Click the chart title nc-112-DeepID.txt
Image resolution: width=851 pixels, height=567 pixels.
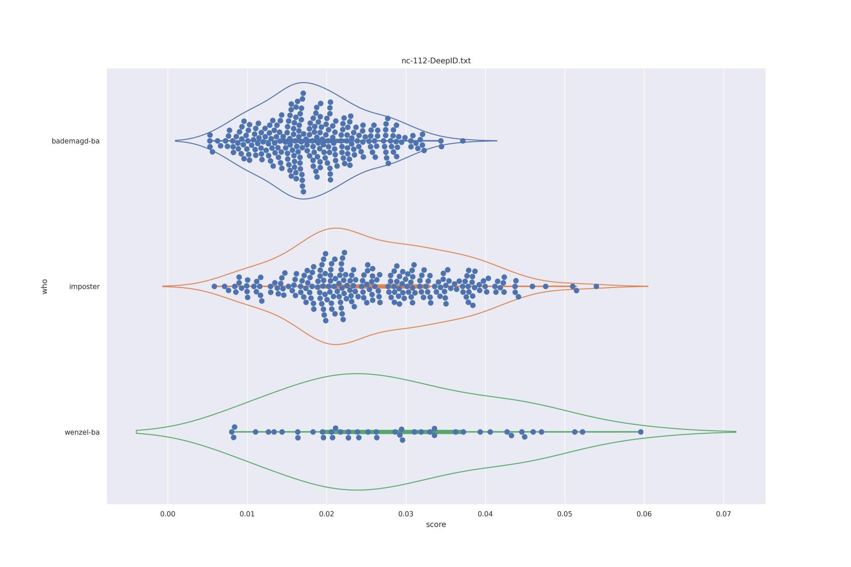click(x=436, y=61)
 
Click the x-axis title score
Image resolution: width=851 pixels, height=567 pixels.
click(x=436, y=524)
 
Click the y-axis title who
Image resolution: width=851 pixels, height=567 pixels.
click(x=45, y=287)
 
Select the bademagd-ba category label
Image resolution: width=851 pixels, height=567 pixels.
click(x=75, y=141)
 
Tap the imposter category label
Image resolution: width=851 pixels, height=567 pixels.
click(x=84, y=287)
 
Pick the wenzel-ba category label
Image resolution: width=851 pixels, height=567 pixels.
click(x=82, y=432)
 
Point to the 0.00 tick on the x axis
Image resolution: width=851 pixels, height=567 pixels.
click(x=168, y=514)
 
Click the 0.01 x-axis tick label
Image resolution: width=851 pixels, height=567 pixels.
click(x=247, y=514)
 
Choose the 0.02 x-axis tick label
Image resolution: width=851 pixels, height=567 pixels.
click(x=327, y=514)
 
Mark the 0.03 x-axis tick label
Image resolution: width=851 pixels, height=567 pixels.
click(x=406, y=514)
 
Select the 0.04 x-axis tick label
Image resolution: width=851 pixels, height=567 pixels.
click(x=485, y=514)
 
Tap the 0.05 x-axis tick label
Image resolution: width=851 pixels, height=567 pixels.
click(x=565, y=514)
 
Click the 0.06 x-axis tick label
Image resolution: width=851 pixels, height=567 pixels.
click(x=644, y=514)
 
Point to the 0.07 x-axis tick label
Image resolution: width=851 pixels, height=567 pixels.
click(x=723, y=514)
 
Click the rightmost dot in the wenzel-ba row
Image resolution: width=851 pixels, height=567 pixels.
click(x=641, y=432)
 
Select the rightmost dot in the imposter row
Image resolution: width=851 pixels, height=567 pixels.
click(x=596, y=287)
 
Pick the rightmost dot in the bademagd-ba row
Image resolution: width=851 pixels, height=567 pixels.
click(x=462, y=141)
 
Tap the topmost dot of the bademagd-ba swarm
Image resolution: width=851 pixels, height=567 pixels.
click(x=303, y=94)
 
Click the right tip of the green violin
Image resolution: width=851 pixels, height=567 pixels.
click(x=736, y=432)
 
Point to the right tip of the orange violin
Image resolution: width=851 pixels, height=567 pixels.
click(x=648, y=287)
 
